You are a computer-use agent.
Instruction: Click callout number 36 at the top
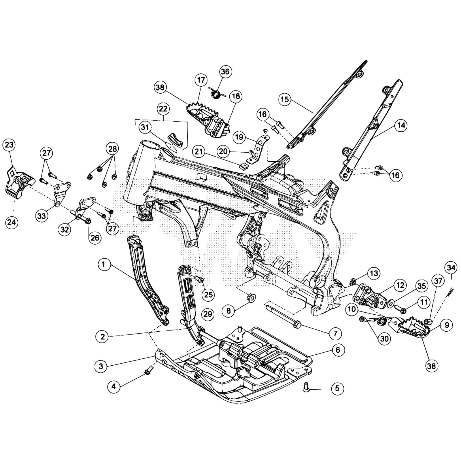225,71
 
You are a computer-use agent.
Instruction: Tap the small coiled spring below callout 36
215,93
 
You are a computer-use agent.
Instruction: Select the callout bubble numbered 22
163,109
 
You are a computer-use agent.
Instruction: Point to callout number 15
284,99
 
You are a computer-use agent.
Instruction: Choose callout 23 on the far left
9,145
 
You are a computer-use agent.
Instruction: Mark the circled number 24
12,222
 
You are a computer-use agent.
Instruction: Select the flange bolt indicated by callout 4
149,369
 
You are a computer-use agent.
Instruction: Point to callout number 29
208,314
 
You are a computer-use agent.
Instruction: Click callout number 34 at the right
451,268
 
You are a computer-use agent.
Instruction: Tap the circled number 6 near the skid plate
338,350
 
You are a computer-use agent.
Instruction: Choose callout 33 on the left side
42,216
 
